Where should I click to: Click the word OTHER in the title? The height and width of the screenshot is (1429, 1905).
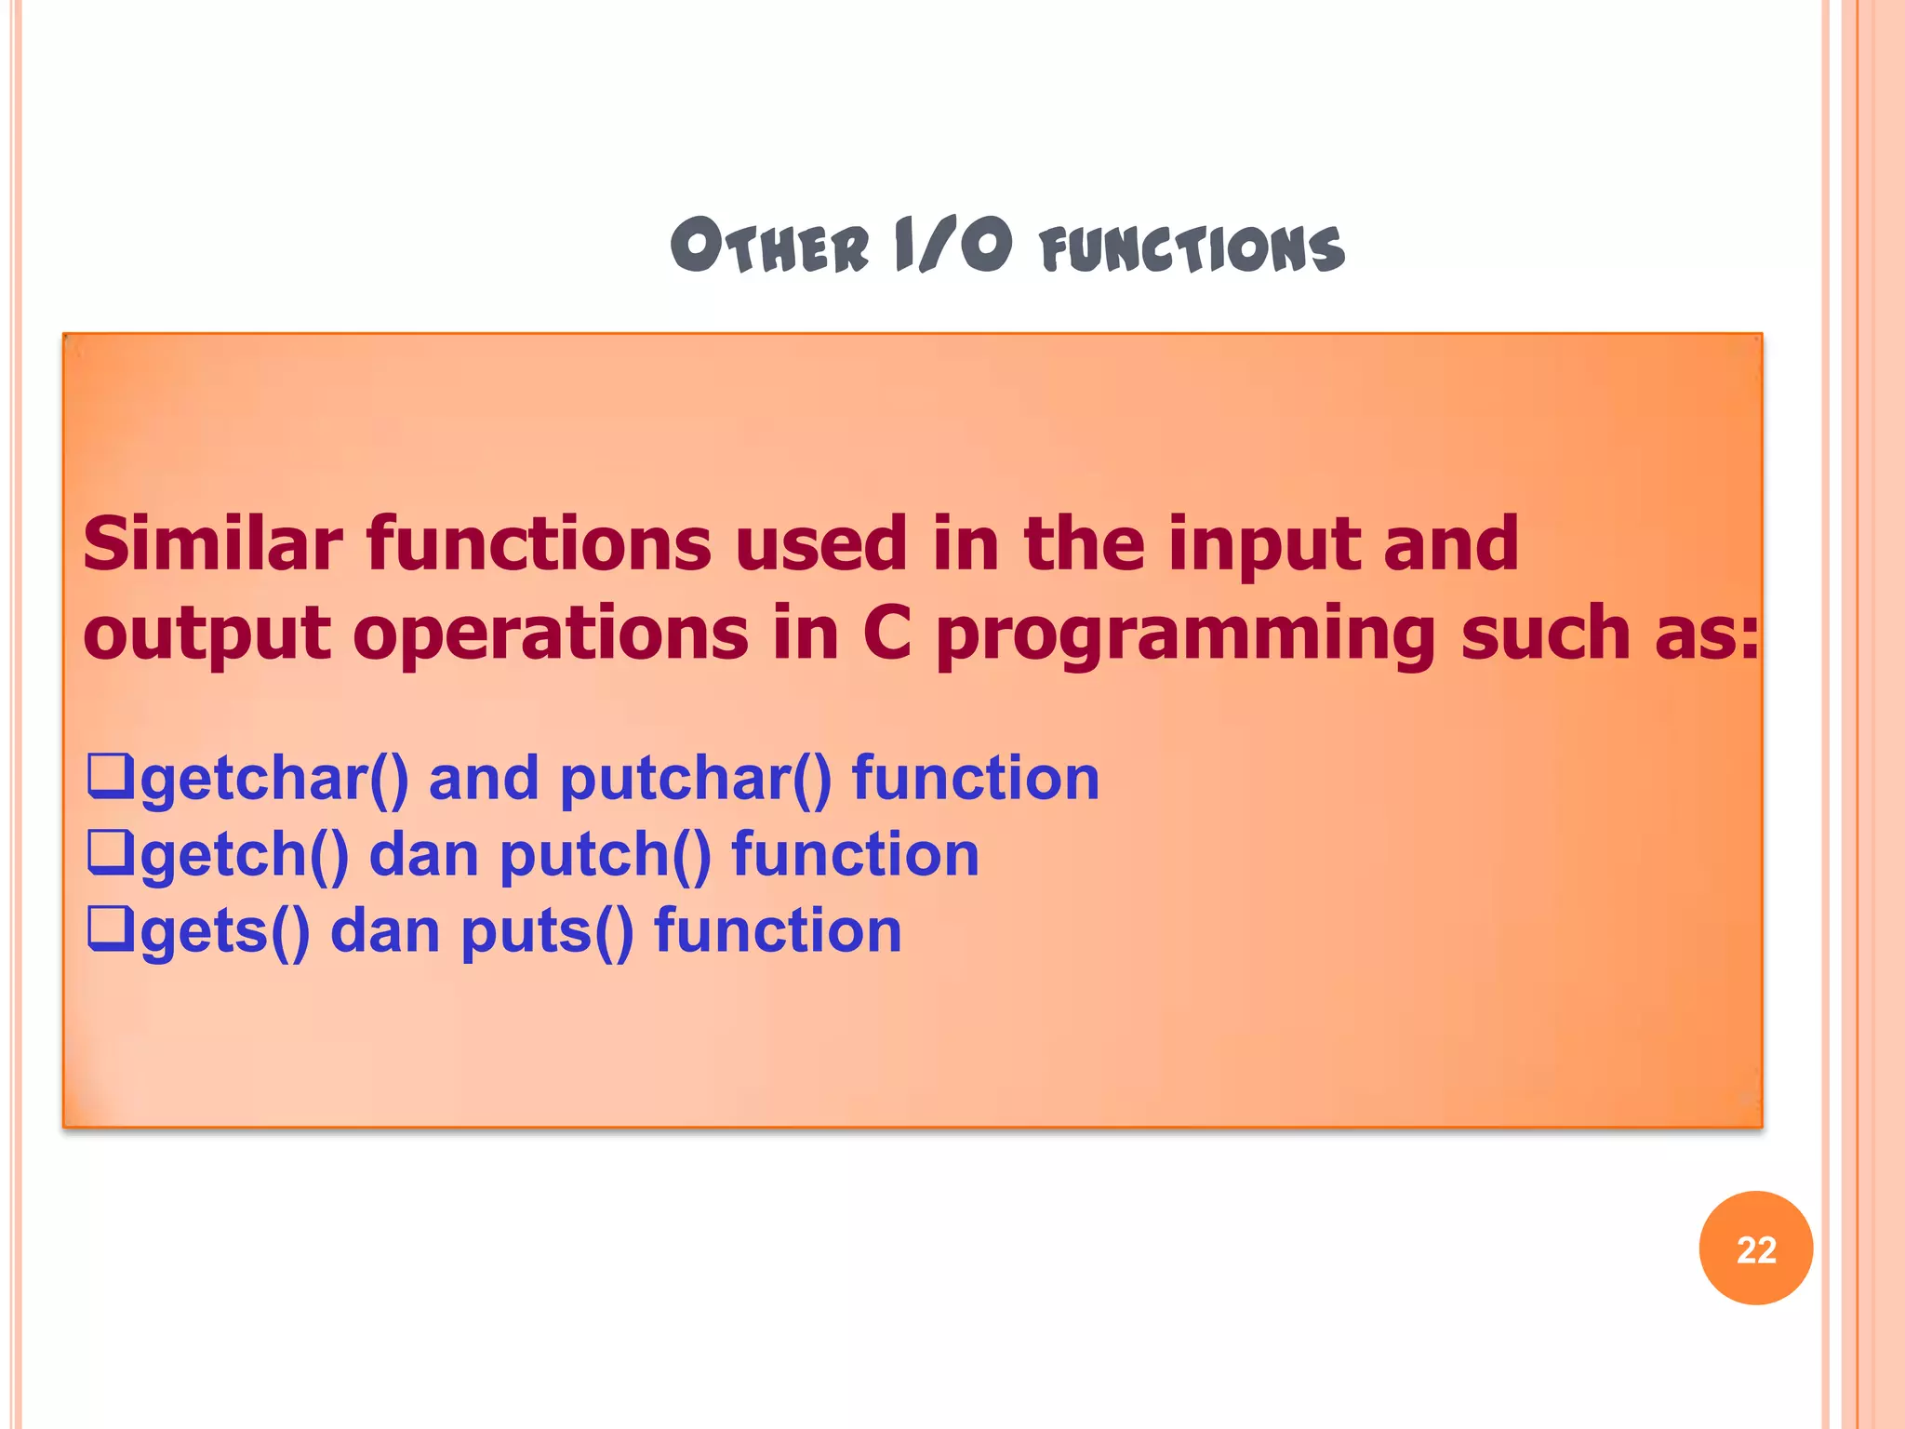tap(769, 247)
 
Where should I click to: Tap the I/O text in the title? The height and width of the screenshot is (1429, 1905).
tap(952, 246)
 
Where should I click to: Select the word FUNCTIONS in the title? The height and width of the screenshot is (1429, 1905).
tap(1192, 249)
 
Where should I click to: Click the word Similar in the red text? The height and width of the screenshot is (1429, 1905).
tap(213, 544)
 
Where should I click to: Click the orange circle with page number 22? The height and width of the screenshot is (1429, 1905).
tap(1755, 1249)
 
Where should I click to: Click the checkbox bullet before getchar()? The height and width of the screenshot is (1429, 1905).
tap(110, 777)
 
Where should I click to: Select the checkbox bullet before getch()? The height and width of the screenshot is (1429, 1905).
tap(110, 853)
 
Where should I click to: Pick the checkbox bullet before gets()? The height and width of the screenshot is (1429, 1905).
tap(110, 929)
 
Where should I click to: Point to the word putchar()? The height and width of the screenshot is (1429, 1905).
tap(695, 780)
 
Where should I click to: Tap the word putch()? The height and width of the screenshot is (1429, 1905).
tap(605, 856)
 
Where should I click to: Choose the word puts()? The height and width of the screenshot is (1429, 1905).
tap(547, 932)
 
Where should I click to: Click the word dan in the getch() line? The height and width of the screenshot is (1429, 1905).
tap(424, 855)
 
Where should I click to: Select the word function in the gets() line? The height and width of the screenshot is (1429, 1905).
tap(778, 930)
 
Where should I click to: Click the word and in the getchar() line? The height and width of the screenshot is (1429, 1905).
tap(483, 779)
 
